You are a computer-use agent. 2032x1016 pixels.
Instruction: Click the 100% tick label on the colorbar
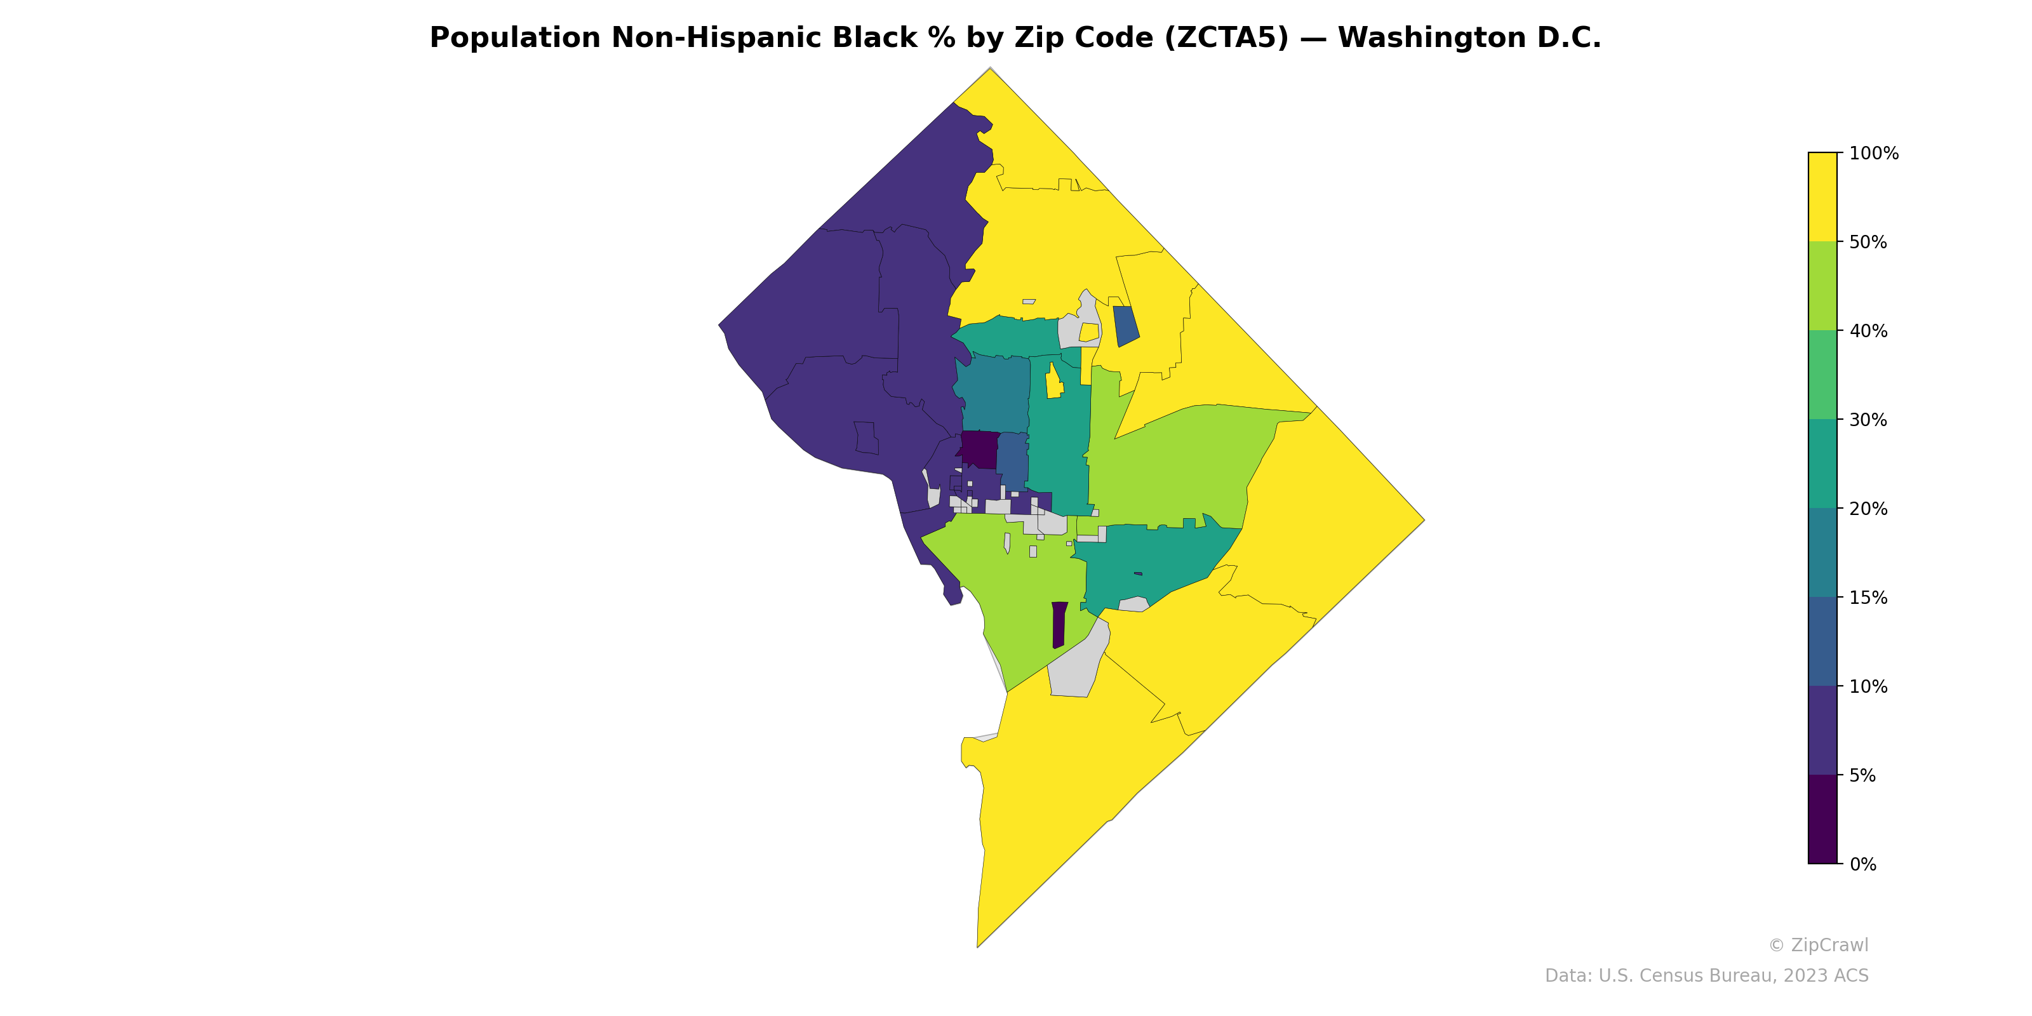tap(1873, 154)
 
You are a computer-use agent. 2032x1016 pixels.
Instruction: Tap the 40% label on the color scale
tap(1868, 331)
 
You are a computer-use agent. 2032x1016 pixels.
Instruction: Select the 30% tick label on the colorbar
tap(1868, 420)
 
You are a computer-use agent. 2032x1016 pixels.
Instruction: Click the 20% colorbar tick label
tap(1868, 509)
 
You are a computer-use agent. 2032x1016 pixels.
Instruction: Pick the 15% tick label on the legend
tap(1868, 598)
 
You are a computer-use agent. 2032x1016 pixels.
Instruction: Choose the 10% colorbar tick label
tap(1868, 686)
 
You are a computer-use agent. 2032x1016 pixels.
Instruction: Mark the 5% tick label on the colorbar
tap(1863, 775)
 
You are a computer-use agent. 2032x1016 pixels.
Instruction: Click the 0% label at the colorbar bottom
tap(1863, 864)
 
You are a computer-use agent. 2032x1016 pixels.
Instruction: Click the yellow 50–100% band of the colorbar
tap(1822, 197)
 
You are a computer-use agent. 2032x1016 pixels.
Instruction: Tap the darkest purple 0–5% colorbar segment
tap(1822, 820)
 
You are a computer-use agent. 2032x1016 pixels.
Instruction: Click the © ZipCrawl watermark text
tap(1817, 945)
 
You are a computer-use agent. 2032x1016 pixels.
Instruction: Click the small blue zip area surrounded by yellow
tap(1126, 326)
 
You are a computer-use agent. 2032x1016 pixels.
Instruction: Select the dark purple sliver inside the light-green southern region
tap(1059, 625)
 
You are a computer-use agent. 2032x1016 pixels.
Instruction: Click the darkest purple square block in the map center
tap(980, 450)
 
